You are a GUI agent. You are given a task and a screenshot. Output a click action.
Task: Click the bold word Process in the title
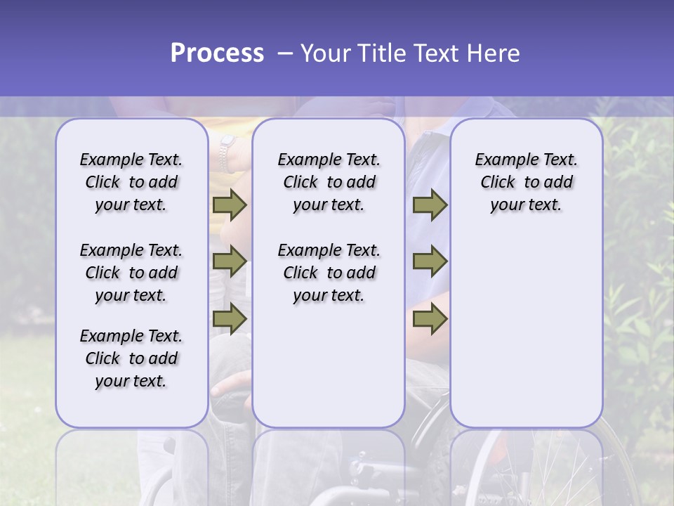tap(217, 53)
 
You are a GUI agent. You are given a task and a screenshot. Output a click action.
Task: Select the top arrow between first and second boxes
tap(230, 205)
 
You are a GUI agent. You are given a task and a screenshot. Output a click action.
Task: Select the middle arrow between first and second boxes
tap(230, 261)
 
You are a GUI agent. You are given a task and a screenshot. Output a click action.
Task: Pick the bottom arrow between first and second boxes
tap(230, 318)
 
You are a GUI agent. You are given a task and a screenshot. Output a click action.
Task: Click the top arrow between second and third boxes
tap(430, 205)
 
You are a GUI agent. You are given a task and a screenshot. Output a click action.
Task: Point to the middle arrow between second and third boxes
tap(430, 261)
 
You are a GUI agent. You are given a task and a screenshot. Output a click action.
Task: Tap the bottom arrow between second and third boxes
tap(430, 318)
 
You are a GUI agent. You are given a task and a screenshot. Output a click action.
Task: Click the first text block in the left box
tap(131, 182)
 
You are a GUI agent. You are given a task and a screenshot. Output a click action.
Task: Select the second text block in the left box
tap(131, 273)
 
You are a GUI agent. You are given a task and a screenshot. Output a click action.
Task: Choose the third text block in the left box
tap(131, 358)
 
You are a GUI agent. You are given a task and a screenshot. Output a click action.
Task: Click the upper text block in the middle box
tap(329, 182)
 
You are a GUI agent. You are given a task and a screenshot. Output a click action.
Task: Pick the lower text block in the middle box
tap(329, 273)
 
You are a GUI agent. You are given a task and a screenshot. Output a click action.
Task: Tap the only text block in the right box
tap(526, 182)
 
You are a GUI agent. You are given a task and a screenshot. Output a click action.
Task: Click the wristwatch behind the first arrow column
tap(226, 155)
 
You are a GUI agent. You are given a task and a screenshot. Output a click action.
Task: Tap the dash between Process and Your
tap(284, 53)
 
